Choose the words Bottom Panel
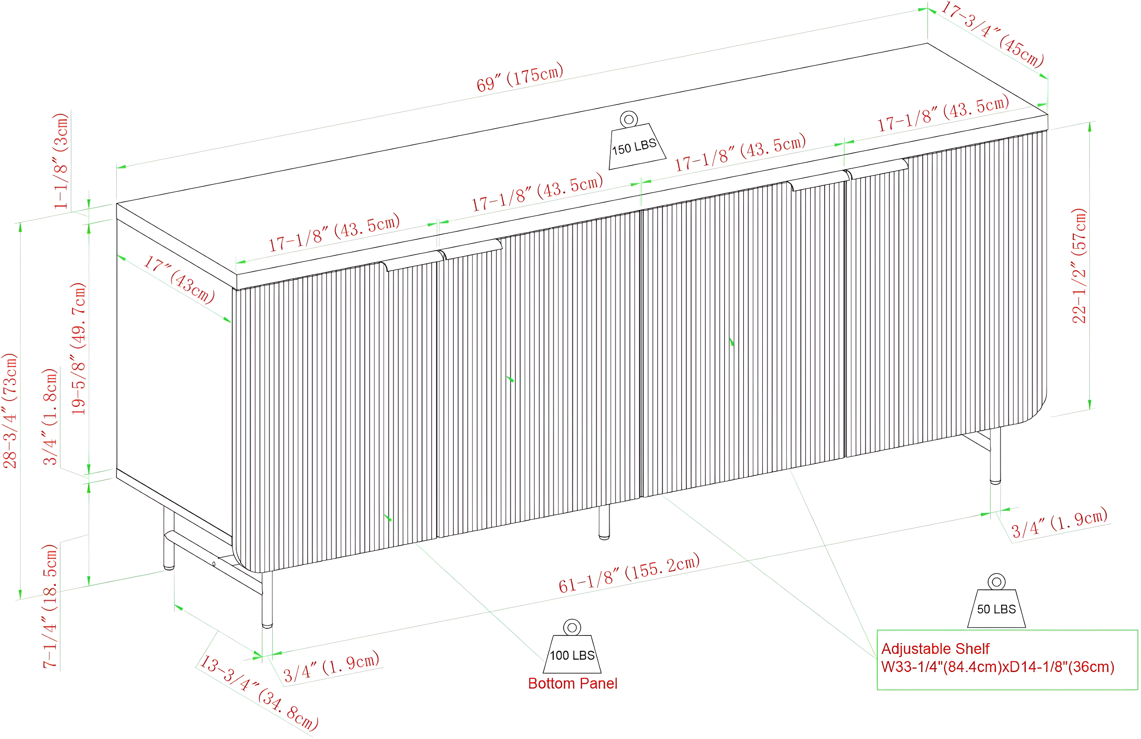[x=572, y=683]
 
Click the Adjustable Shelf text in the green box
[x=935, y=649]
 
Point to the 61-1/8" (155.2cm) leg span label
[x=629, y=573]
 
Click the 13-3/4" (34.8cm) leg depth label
[x=259, y=693]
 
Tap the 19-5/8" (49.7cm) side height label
[x=78, y=349]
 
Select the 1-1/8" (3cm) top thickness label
[x=61, y=161]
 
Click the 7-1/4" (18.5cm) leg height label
[x=50, y=606]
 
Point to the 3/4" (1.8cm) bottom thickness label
[x=50, y=417]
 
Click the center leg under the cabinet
[x=604, y=522]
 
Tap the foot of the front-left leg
[x=267, y=625]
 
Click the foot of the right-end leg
[x=995, y=481]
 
